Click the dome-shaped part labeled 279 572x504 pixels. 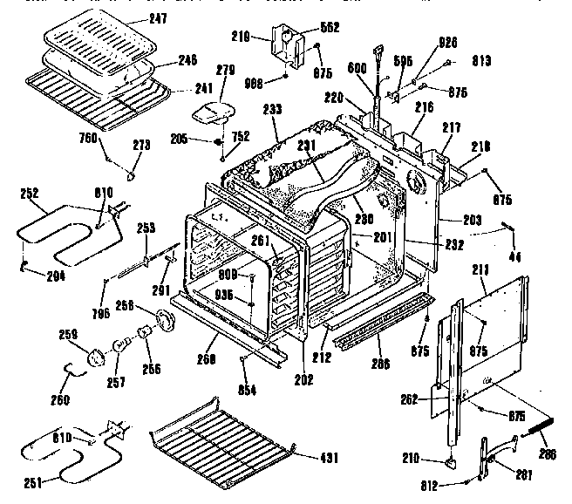pyautogui.click(x=212, y=111)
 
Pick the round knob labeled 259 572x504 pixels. pyautogui.click(x=94, y=355)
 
